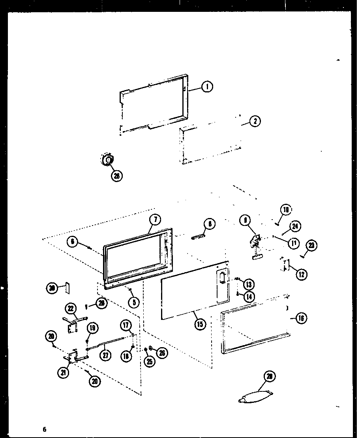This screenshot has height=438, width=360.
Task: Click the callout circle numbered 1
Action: click(207, 86)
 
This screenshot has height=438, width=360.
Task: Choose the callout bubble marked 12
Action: click(302, 273)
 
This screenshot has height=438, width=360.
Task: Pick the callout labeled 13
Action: click(249, 284)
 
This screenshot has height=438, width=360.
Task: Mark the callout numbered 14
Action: click(249, 296)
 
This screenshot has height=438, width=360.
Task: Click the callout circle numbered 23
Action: click(311, 246)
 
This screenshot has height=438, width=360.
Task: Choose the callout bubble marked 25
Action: click(149, 361)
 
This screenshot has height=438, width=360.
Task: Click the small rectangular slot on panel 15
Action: click(222, 278)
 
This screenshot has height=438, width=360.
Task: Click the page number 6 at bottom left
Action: click(45, 429)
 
